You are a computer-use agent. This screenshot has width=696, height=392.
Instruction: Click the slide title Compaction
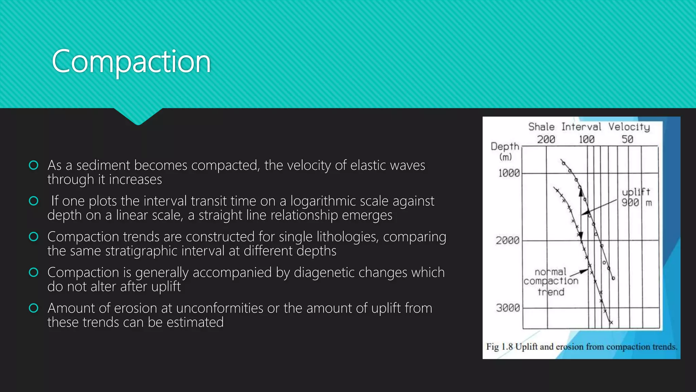tap(131, 62)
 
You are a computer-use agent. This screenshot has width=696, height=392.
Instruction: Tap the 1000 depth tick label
tap(509, 173)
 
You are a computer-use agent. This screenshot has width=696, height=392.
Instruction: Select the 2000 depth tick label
tap(507, 241)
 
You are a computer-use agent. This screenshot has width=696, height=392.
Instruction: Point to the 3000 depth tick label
tap(508, 308)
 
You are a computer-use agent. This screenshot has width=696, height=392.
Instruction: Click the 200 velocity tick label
tap(546, 140)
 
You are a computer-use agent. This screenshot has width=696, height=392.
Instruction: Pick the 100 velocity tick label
tap(587, 140)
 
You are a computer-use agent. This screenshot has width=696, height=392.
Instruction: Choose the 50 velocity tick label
tap(627, 140)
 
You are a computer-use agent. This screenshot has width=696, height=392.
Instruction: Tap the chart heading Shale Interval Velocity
tap(589, 127)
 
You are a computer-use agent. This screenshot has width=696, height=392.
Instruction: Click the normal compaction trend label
tap(551, 281)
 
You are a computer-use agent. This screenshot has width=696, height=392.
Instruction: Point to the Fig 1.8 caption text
tap(581, 347)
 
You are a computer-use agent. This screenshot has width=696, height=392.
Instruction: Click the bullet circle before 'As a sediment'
tap(34, 165)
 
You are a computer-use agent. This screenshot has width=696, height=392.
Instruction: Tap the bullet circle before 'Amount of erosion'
tap(34, 308)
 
